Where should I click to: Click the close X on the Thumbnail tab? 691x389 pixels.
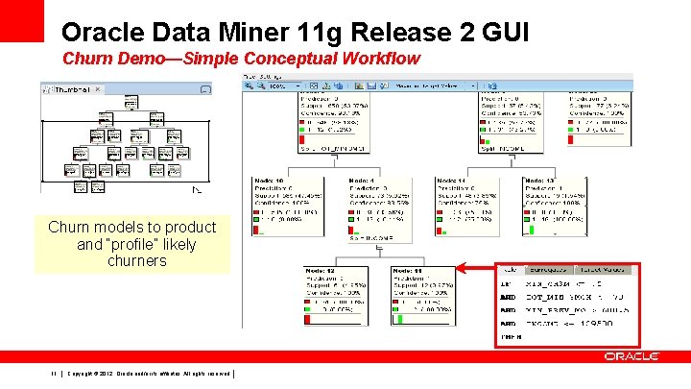coord(97,89)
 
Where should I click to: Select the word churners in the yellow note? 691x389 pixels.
coord(137,260)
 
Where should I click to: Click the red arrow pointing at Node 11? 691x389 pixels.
coord(475,272)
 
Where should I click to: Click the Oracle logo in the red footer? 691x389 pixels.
coord(631,356)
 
